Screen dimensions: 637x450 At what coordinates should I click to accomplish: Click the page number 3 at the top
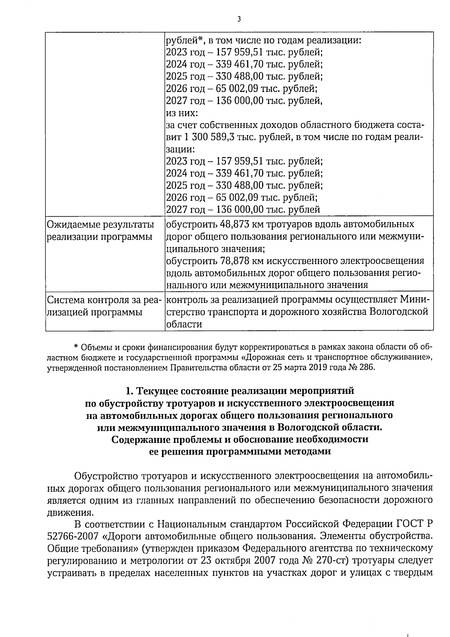(x=239, y=19)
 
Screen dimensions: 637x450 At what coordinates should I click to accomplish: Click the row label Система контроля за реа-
(x=103, y=300)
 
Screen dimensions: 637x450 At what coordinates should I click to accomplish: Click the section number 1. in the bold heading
(x=130, y=392)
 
